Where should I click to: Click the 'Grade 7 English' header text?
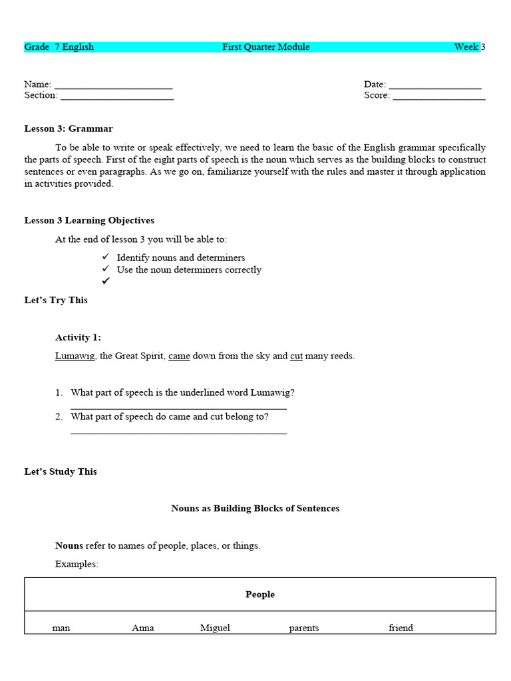[x=59, y=47]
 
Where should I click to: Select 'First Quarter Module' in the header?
[x=266, y=47]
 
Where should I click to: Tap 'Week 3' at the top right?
[x=469, y=47]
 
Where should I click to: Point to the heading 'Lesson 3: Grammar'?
[x=69, y=129]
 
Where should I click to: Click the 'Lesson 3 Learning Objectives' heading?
[x=89, y=221]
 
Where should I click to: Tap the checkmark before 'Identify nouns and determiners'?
[x=105, y=257]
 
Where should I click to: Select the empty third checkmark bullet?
[x=105, y=281]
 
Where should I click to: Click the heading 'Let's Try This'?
[x=56, y=301]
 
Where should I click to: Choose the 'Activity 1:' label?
[x=78, y=338]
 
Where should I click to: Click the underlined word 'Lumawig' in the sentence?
[x=75, y=356]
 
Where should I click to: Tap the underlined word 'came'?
[x=179, y=356]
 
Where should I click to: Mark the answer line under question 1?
[x=178, y=408]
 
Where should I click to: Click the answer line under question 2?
[x=178, y=433]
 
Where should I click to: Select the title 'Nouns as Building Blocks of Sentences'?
[x=255, y=509]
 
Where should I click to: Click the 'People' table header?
[x=260, y=595]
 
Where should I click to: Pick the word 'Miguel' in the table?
[x=215, y=628]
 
